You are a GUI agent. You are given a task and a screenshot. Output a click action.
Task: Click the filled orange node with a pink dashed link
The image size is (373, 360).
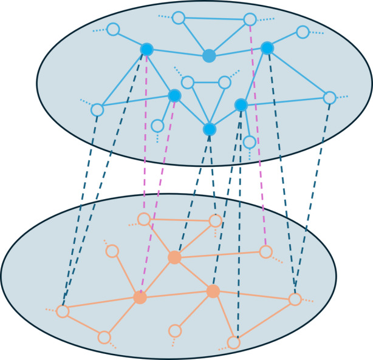coord(140,297)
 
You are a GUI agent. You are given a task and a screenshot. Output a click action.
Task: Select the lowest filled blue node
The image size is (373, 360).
coord(210,129)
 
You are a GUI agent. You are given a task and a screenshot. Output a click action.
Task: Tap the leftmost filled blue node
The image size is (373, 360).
coord(146,49)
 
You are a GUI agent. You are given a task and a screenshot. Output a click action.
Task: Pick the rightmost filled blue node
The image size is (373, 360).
coord(267,47)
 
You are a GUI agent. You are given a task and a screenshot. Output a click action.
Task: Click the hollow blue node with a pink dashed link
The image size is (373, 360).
coord(249,19)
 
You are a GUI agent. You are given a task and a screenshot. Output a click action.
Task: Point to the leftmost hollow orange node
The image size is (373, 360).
coord(62,311)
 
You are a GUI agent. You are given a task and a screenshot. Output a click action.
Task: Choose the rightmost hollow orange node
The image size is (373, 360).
coord(295,299)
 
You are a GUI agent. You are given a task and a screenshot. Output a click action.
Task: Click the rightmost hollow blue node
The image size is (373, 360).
coord(329,97)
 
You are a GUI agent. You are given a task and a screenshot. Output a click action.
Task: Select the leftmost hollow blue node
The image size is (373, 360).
coord(97,110)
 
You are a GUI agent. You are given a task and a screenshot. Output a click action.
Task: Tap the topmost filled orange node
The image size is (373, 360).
coord(174,257)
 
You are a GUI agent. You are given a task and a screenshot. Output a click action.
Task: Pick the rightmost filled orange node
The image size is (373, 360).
coord(213,291)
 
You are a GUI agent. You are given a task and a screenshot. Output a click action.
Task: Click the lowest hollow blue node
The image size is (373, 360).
coord(249,142)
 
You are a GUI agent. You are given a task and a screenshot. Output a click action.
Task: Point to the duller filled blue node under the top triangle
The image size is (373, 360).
coord(209,56)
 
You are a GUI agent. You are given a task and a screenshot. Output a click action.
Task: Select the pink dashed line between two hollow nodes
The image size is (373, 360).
coord(258,134)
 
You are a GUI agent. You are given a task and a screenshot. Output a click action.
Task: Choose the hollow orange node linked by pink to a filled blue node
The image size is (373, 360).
coord(144,219)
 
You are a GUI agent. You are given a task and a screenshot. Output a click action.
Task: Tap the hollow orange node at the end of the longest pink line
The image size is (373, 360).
coord(265,250)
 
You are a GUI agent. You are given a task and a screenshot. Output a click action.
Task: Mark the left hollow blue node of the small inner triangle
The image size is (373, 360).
coord(188,82)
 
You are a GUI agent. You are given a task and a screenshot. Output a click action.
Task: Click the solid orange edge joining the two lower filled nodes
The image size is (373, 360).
coord(176,294)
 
